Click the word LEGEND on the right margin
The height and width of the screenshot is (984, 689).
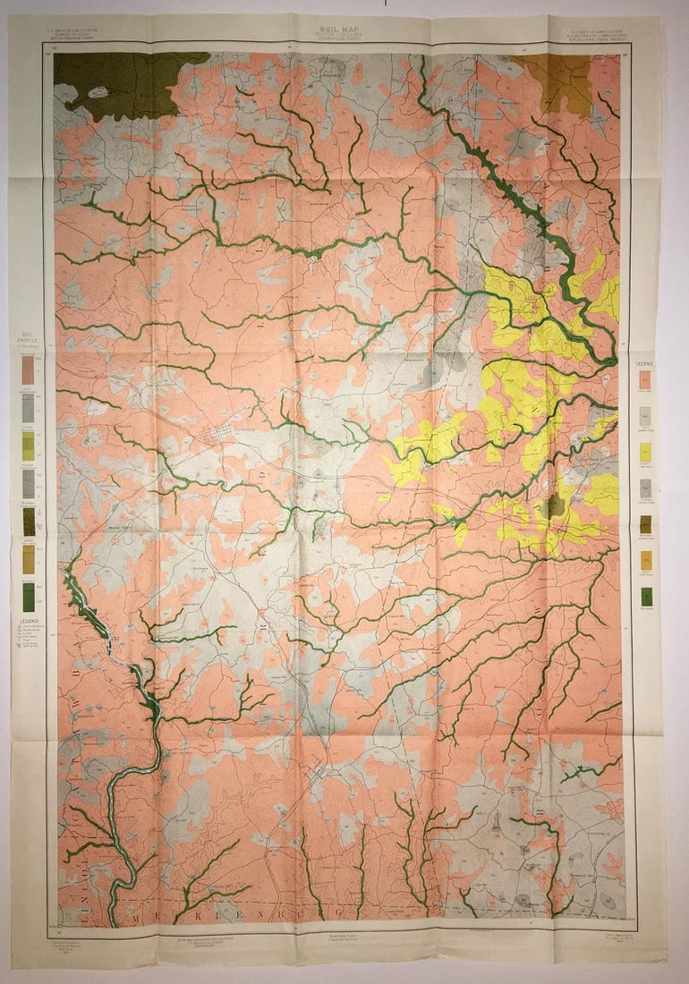[x=644, y=364]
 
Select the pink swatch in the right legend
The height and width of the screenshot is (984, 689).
[x=645, y=379]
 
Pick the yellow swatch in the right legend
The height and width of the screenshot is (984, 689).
[x=645, y=453]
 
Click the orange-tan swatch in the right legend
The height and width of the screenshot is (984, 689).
[x=645, y=560]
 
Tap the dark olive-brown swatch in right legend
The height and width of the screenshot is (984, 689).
[x=645, y=524]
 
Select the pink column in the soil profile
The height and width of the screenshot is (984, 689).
[x=29, y=368]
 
